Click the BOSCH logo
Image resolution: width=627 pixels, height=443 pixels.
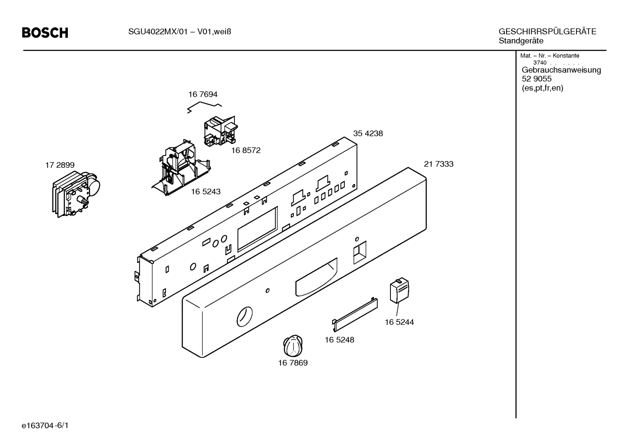coord(45,33)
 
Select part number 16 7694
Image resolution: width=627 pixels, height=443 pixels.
coord(203,94)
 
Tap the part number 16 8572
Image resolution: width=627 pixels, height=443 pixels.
coord(246,150)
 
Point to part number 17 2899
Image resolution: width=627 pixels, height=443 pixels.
coord(60,165)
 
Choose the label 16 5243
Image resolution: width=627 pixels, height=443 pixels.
coord(206,191)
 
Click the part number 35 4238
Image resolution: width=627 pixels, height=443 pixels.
coord(368,133)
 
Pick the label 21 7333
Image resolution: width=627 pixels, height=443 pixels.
coord(438,164)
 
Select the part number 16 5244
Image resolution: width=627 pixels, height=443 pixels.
coord(399,322)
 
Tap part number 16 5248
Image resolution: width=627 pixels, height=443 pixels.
coord(339,340)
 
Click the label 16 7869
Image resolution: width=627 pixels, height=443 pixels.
coord(293,363)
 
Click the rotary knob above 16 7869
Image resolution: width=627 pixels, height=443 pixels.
coord(293,346)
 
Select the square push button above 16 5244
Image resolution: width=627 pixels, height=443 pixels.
coord(399,290)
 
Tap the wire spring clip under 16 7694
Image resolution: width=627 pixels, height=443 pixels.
coord(204,107)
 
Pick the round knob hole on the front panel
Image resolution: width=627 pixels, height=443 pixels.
coord(244,316)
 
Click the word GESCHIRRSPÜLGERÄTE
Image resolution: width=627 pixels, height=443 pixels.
coord(547,32)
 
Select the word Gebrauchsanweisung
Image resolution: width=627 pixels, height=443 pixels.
coord(561,70)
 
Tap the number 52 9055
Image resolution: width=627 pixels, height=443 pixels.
coord(537,79)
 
